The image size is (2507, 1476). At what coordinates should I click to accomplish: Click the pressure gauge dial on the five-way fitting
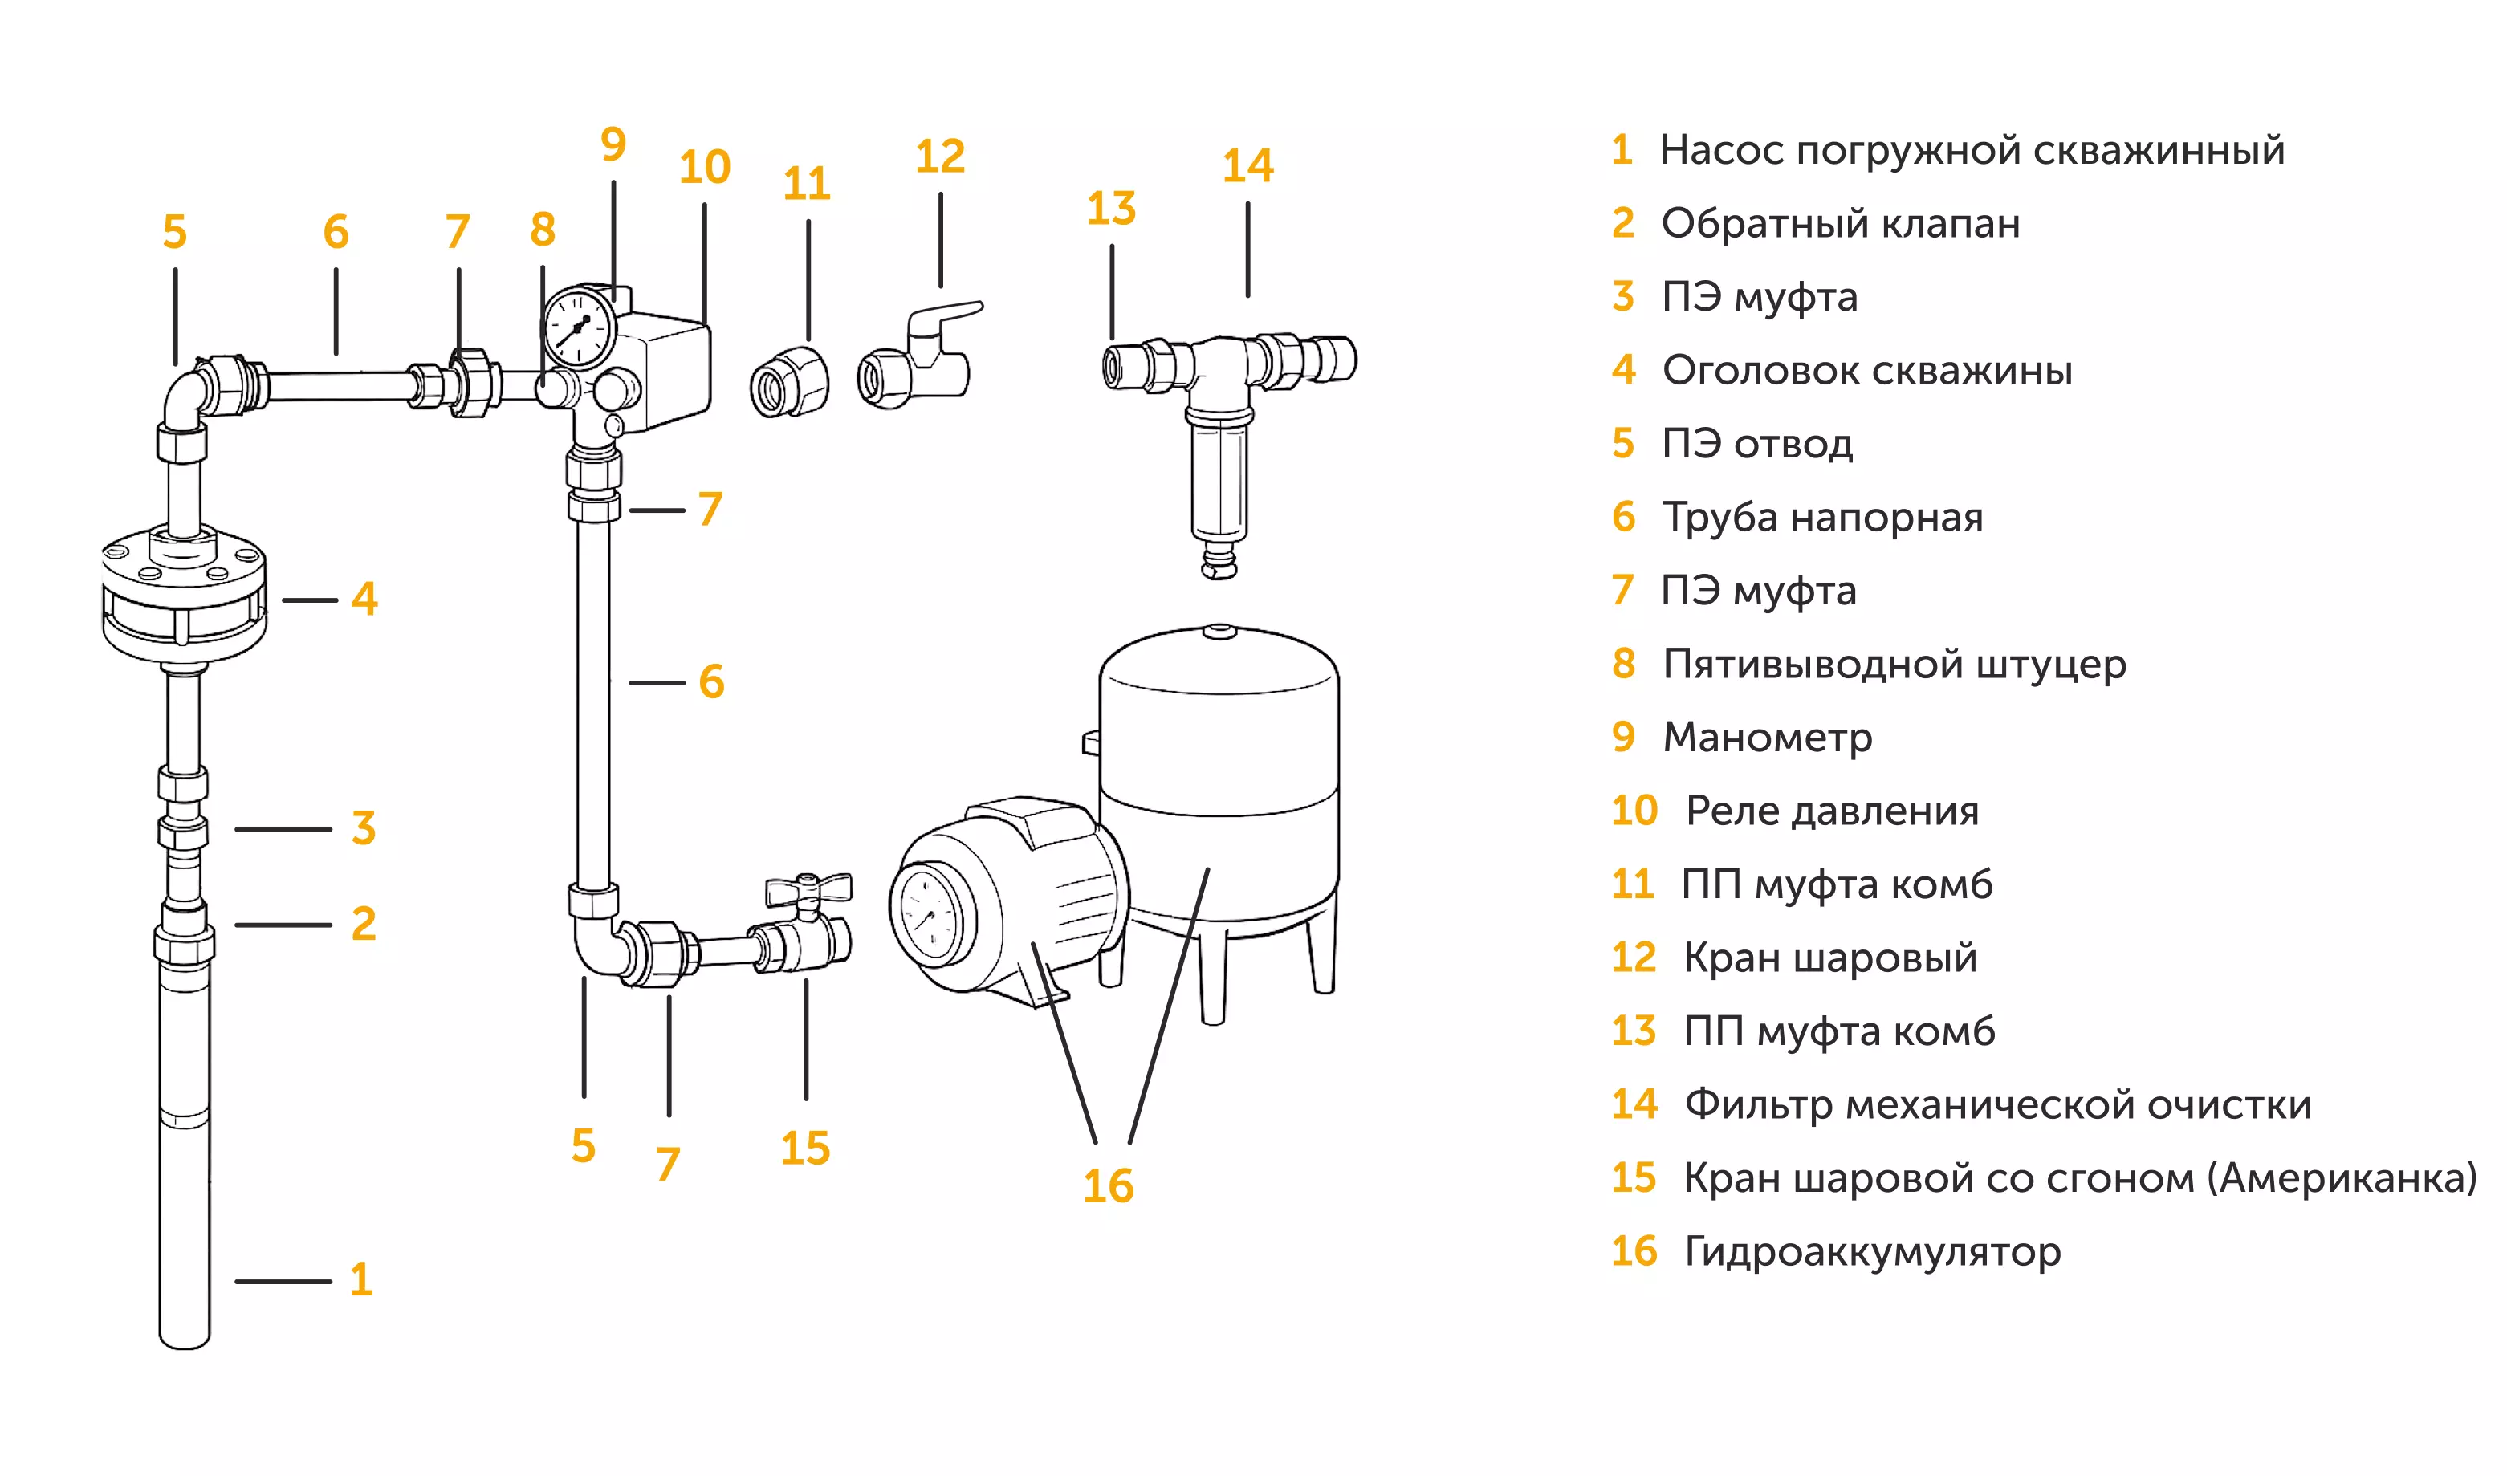[579, 327]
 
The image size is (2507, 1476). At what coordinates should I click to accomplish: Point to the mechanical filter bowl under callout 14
[1219, 478]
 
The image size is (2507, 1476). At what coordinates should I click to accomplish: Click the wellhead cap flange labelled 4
[184, 597]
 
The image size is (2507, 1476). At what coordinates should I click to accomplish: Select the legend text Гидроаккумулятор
[1871, 1251]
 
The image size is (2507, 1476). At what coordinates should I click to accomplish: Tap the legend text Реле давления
[1832, 811]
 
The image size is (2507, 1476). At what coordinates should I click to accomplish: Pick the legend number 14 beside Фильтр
[1634, 1104]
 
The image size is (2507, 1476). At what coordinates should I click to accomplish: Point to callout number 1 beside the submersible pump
[361, 1279]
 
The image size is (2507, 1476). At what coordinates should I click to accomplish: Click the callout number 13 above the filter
[1110, 209]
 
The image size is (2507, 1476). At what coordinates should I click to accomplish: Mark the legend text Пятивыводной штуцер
[1894, 664]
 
